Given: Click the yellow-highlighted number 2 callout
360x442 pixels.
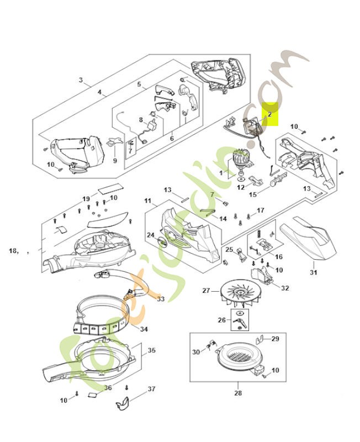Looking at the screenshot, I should tap(270, 115).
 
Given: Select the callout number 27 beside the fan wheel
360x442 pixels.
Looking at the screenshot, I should tap(207, 290).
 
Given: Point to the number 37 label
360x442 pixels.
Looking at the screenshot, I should tap(151, 390).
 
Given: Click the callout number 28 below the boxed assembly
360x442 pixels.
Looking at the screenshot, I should tap(237, 393).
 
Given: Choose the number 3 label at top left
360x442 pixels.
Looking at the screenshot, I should tap(81, 80).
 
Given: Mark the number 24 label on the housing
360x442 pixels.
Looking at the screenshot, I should tap(150, 235).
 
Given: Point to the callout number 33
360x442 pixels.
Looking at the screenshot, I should tap(161, 299).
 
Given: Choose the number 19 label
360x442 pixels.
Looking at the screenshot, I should tap(86, 198).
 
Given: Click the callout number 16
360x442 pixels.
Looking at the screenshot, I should tap(278, 256).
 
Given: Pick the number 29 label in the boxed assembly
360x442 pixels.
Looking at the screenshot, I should tap(275, 338).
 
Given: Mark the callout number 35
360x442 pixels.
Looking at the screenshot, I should tap(152, 350).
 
